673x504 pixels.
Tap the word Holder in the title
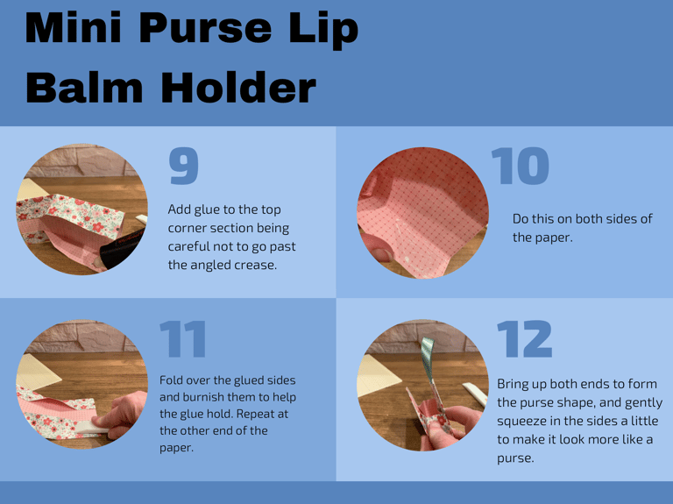click(238, 87)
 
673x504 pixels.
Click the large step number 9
click(184, 167)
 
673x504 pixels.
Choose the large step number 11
click(183, 339)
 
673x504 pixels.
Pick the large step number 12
click(524, 339)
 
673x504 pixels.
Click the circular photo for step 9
click(82, 209)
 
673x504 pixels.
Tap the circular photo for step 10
click(422, 212)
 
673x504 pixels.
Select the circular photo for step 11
click(82, 384)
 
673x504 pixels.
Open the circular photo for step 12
click(422, 384)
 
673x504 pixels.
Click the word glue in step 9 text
click(209, 209)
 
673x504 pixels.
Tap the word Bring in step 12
click(514, 384)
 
